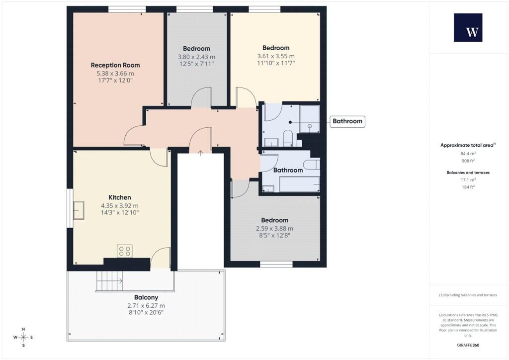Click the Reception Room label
point(115,65)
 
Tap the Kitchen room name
point(120,197)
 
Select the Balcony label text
point(146,297)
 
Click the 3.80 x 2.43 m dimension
point(196,57)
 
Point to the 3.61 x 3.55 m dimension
point(276,56)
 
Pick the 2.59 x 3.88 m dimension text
point(274,229)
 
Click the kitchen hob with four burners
point(125,251)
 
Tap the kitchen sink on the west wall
point(79,210)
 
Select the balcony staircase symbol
point(109,281)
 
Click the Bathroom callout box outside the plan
point(347,121)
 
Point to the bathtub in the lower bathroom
point(299,184)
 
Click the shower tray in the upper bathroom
point(309,119)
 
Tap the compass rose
point(23,337)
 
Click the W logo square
point(468,27)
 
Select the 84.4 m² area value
point(468,154)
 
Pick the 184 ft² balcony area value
point(468,187)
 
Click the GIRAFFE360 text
point(468,345)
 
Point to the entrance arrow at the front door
point(201,153)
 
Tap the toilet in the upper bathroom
point(288,138)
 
